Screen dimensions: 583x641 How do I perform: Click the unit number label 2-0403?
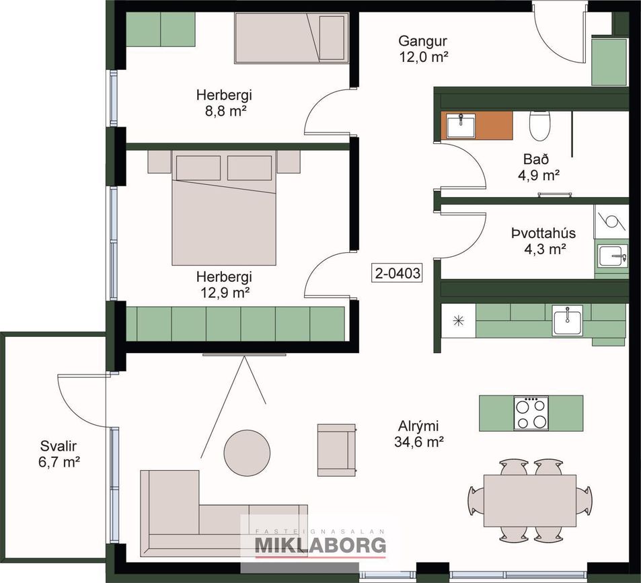tap(398, 273)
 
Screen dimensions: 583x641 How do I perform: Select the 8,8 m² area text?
tap(224, 111)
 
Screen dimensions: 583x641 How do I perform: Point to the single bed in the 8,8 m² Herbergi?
tap(293, 38)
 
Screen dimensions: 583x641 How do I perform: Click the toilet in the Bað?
tap(540, 124)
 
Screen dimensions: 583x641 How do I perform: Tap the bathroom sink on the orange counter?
tap(461, 126)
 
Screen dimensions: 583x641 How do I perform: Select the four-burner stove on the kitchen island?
tap(531, 413)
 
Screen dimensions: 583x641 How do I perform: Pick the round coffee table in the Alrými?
tap(246, 453)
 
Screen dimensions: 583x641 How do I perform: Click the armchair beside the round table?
tap(336, 450)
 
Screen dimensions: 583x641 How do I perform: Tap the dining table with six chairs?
tap(530, 501)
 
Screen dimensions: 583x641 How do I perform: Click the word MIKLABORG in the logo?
tap(320, 545)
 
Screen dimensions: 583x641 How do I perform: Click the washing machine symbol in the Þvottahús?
tap(611, 220)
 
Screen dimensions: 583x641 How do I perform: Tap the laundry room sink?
tap(611, 256)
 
